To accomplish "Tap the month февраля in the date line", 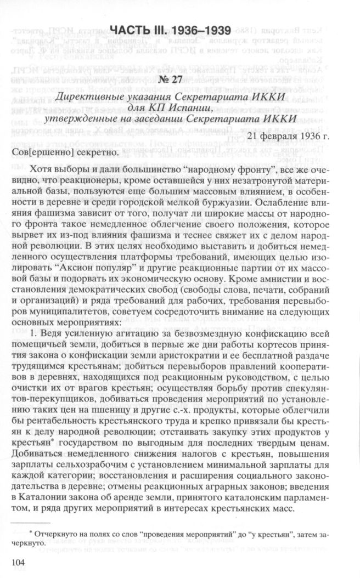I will pyautogui.click(x=282, y=135).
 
